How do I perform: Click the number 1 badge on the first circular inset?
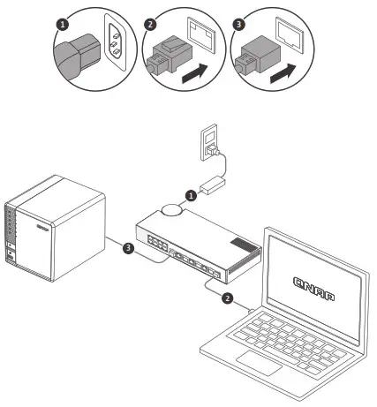(62, 24)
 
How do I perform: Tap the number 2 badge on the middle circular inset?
(150, 24)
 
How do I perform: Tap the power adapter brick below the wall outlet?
(213, 186)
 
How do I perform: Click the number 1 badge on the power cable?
(190, 194)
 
